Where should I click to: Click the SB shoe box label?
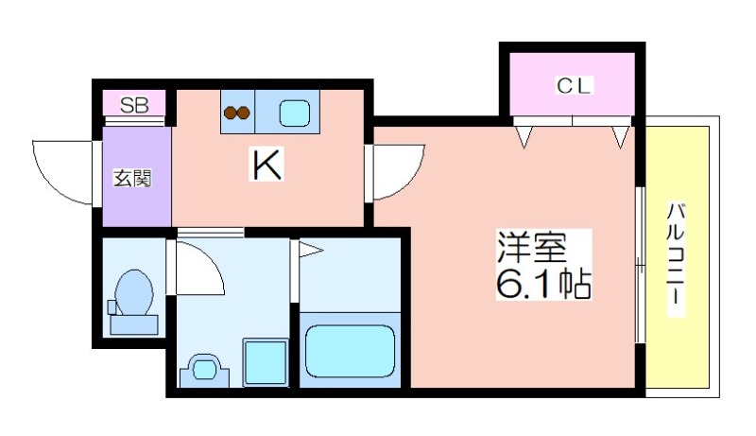tap(134, 105)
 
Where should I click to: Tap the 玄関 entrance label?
tap(132, 178)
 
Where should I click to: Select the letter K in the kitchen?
tap(266, 164)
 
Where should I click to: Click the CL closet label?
tap(574, 86)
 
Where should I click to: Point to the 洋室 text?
tap(532, 248)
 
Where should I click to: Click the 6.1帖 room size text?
tap(543, 284)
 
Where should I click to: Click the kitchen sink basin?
tap(295, 113)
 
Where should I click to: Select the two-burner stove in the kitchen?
tap(237, 113)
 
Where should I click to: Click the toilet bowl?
tap(134, 293)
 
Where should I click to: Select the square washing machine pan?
tap(266, 362)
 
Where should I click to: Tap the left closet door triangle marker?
tap(524, 136)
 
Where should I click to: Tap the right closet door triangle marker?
tap(620, 136)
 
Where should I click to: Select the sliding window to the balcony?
tap(640, 264)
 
